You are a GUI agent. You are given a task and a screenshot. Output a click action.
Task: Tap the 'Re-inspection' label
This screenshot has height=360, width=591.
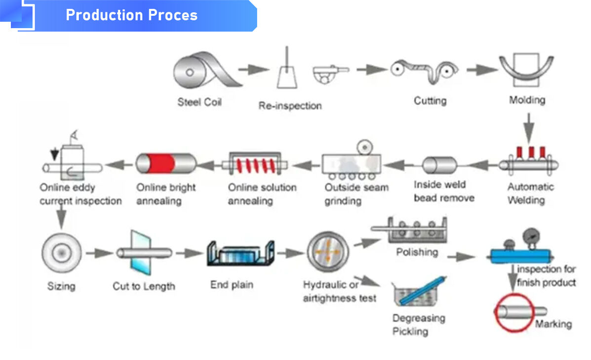coord(290,106)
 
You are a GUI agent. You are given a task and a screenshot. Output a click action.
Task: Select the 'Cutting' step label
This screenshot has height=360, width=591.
coord(430,101)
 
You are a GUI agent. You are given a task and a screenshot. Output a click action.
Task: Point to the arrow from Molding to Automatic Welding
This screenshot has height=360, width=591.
coord(528,126)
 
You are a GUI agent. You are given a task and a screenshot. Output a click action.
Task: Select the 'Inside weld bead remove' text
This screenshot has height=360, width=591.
coord(444,191)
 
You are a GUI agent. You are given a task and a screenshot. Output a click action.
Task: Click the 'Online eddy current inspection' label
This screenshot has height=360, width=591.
coord(80,194)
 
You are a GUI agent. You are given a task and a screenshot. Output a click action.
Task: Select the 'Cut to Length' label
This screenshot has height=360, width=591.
coord(144,286)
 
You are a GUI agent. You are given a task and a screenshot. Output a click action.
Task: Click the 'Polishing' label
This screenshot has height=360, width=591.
coord(417,252)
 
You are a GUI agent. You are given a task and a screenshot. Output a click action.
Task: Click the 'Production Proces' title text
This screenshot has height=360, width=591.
coord(131,15)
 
